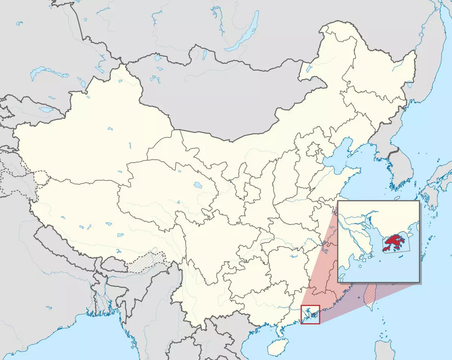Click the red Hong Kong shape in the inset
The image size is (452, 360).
pyautogui.click(x=393, y=242)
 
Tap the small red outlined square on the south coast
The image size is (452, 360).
pyautogui.click(x=310, y=314)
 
